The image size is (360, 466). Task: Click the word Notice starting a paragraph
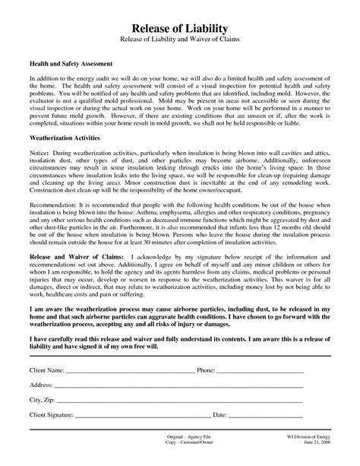click(39, 176)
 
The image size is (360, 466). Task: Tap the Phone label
click(207, 371)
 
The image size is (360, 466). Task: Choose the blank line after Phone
click(273, 372)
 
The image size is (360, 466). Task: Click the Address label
click(42, 385)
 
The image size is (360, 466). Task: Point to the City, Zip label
click(43, 401)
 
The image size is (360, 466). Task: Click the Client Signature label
click(52, 416)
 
